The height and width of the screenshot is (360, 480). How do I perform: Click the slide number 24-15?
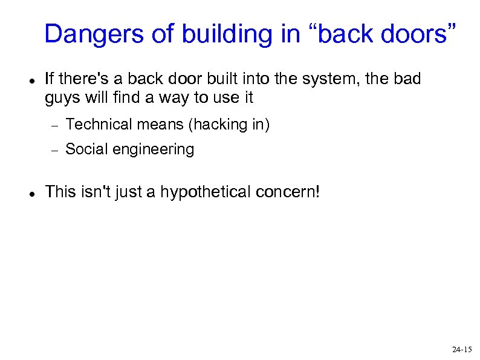pyautogui.click(x=462, y=350)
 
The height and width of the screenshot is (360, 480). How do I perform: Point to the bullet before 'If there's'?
pyautogui.click(x=31, y=80)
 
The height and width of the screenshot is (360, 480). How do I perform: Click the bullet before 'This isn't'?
pyautogui.click(x=31, y=194)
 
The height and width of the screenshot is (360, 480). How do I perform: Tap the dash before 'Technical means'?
pyautogui.click(x=53, y=125)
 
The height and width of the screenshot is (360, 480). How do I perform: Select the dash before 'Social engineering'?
pyautogui.click(x=53, y=150)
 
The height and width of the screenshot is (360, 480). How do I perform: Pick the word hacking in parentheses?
pyautogui.click(x=218, y=125)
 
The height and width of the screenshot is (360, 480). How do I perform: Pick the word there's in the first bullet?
pyautogui.click(x=79, y=79)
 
